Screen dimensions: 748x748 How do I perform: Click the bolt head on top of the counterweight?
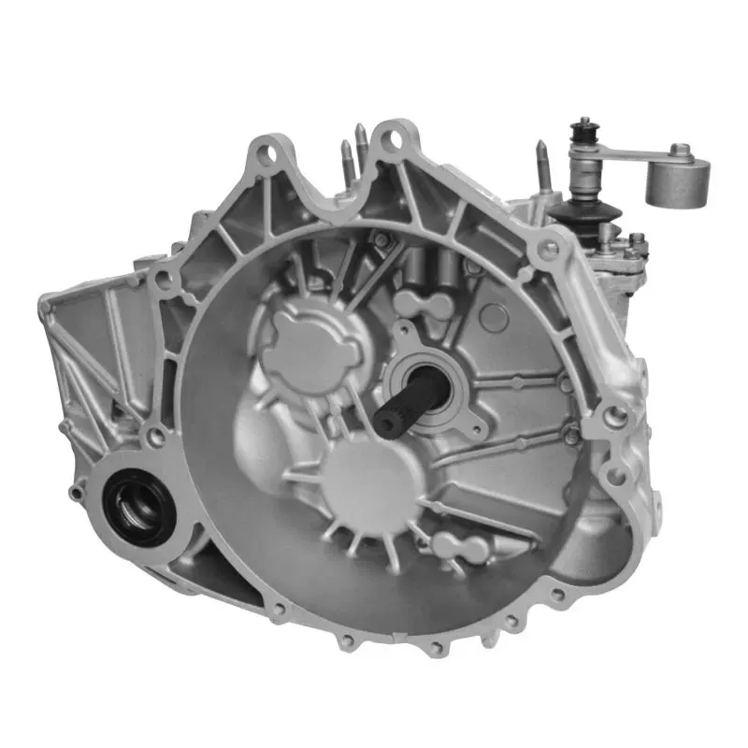click(x=682, y=150)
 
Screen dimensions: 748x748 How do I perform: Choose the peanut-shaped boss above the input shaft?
click(x=424, y=304)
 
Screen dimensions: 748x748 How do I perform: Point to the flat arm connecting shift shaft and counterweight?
click(x=631, y=155)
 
